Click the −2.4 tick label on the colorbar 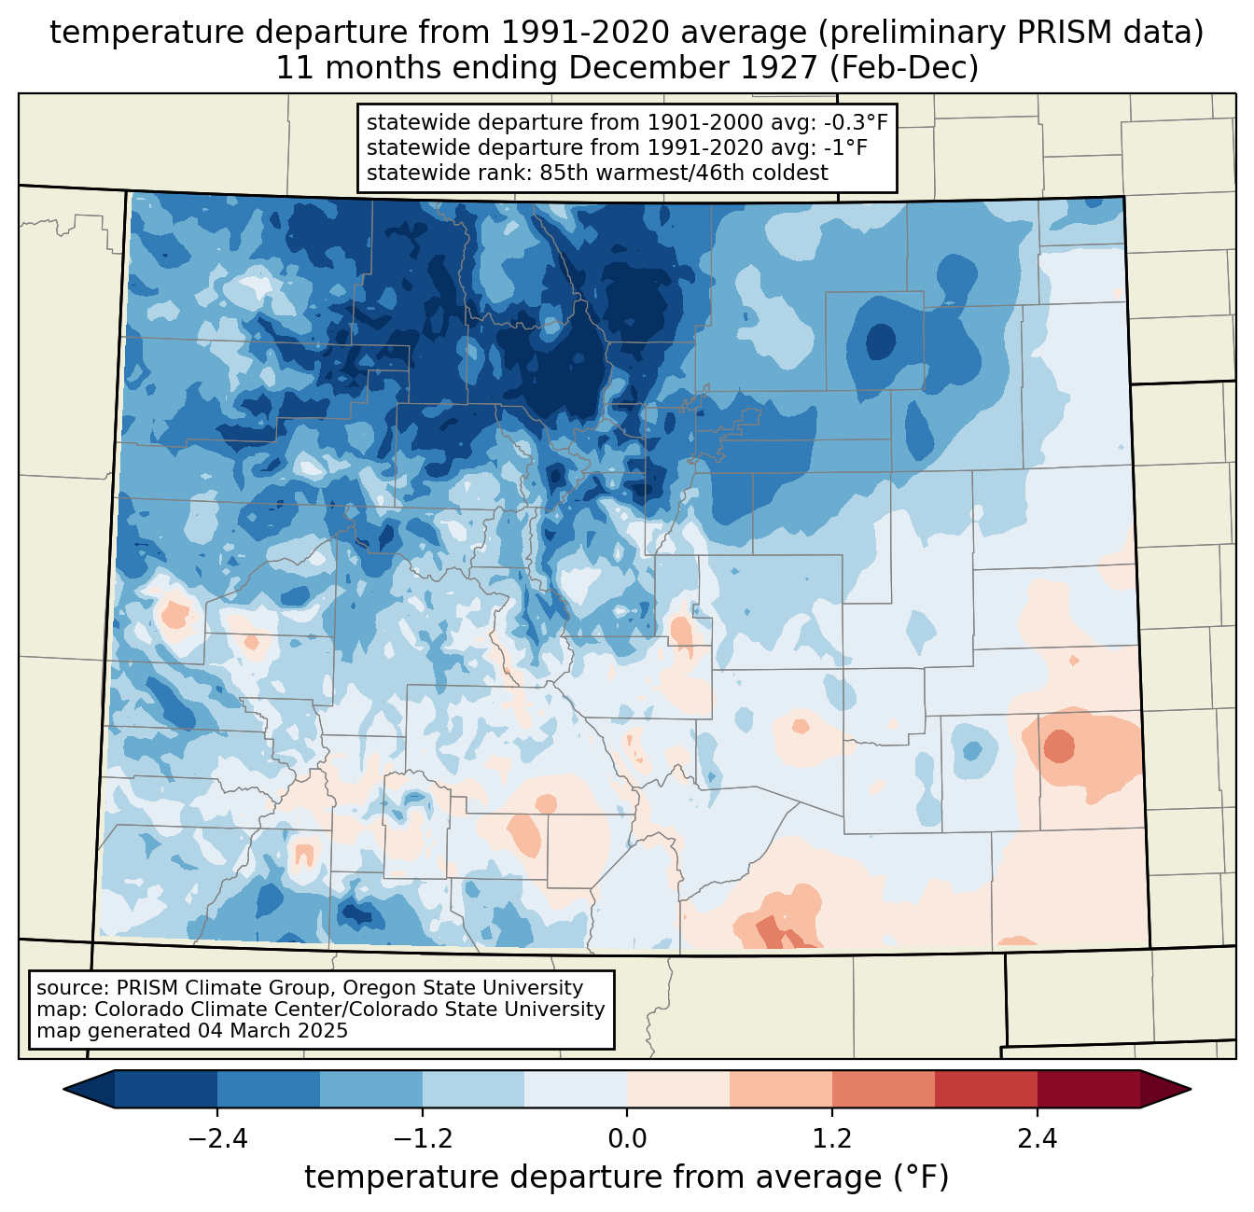tap(217, 1138)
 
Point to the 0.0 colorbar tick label tap(627, 1138)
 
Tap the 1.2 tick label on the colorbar tap(832, 1138)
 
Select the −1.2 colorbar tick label tap(422, 1138)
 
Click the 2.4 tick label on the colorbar tap(1038, 1138)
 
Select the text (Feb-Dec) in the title tap(903, 68)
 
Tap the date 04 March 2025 tap(272, 1030)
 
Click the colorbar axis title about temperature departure tap(626, 1177)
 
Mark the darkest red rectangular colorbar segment tap(1089, 1089)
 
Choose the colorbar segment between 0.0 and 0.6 tap(678, 1089)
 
